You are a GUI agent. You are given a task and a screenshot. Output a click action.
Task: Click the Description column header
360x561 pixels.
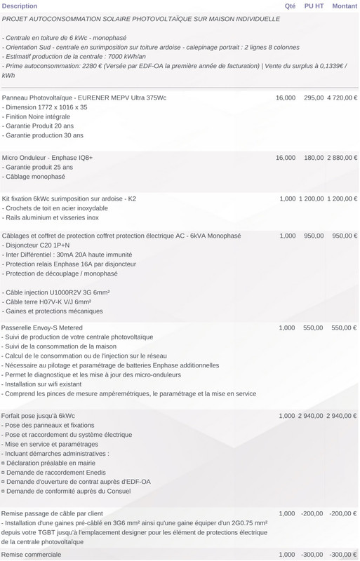coord(20,6)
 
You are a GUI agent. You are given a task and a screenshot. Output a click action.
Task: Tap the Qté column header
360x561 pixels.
coord(290,6)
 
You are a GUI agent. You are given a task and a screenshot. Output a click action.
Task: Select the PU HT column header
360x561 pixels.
coord(314,6)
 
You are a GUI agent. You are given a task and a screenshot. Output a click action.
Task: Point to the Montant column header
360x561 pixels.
coord(345,6)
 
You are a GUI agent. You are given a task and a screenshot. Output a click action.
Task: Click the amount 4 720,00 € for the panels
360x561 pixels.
coord(342,97)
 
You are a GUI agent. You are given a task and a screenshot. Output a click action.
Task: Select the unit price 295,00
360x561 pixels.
coord(314,97)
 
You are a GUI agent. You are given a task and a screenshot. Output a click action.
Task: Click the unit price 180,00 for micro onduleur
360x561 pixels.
coord(314,158)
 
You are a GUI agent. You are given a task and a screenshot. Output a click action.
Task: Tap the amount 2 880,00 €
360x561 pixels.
coord(342,158)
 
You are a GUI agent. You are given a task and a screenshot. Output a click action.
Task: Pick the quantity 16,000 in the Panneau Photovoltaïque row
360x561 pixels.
coord(286,97)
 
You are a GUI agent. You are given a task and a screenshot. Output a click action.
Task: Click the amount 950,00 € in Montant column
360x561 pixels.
coord(345,236)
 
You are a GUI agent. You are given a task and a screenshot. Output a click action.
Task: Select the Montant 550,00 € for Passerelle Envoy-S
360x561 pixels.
coord(345,327)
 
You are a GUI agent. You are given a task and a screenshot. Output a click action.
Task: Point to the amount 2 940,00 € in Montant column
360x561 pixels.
coord(342,416)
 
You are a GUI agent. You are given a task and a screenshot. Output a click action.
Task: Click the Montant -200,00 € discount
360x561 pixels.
coord(343,513)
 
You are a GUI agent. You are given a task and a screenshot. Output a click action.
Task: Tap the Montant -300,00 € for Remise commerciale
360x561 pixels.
coord(343,554)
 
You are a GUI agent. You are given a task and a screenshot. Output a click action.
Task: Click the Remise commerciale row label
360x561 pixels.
coord(32,554)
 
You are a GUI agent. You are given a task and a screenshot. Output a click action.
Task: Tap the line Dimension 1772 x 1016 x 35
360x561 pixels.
coord(46,107)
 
